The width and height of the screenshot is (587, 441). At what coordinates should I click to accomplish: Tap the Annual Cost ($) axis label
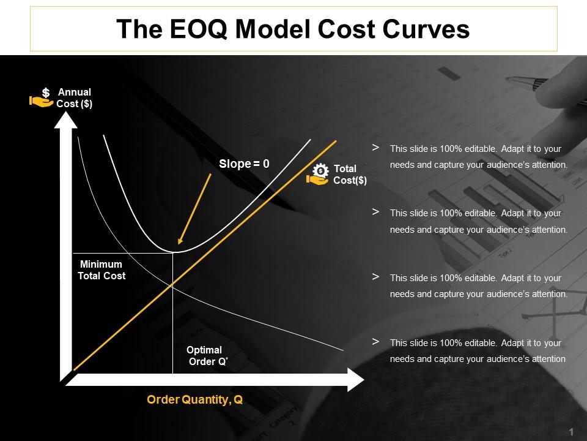tap(74, 98)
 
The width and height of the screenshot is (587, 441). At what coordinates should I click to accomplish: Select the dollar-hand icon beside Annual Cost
tap(42, 98)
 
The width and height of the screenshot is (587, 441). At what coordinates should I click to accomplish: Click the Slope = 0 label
tap(244, 164)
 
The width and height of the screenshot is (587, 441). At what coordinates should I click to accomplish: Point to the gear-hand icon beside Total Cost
tap(318, 175)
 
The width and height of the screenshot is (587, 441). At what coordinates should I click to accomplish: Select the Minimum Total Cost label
tap(102, 270)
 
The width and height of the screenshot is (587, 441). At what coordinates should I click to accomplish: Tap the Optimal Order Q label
tap(206, 356)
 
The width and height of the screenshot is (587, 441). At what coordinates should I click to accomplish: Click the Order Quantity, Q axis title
tap(195, 400)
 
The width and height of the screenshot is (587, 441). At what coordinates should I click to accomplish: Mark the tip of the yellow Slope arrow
tap(179, 247)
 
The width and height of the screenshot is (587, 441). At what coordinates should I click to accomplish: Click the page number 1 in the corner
tap(570, 431)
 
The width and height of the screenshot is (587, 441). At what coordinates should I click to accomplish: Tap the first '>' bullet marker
tap(375, 148)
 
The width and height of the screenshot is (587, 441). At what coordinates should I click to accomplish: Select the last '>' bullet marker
tap(375, 342)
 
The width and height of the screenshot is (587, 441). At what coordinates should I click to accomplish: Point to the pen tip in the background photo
tap(509, 78)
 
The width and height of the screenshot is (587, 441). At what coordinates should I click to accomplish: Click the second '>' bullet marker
tap(375, 212)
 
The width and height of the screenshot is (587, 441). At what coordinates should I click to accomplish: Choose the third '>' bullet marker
tap(375, 277)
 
